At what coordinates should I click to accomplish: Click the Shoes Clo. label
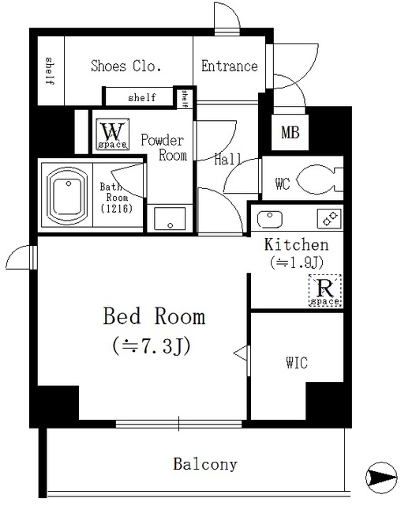pos(126,66)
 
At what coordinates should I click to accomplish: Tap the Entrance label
pos(230,66)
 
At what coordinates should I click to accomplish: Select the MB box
pos(290,132)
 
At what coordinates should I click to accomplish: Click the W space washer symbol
pos(112,134)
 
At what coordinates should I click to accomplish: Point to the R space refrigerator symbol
pos(325,290)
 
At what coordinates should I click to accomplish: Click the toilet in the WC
pos(319,179)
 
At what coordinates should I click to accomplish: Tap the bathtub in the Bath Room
pos(67,196)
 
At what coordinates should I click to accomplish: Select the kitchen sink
pos(270,219)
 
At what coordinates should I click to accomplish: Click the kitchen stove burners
pos(329,219)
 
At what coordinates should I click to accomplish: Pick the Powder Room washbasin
pos(170,218)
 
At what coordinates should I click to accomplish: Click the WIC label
pos(297,363)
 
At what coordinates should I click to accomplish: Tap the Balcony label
pos(205,464)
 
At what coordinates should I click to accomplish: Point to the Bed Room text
pos(154,316)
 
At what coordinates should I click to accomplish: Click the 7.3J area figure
pos(152,346)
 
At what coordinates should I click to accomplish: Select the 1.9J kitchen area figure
pos(297,262)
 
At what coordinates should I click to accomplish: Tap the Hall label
pos(227,160)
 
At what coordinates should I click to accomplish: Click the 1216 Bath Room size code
pos(117,209)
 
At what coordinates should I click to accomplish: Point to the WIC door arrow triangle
pos(241,353)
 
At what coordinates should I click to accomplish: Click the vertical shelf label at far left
pos(49,71)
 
